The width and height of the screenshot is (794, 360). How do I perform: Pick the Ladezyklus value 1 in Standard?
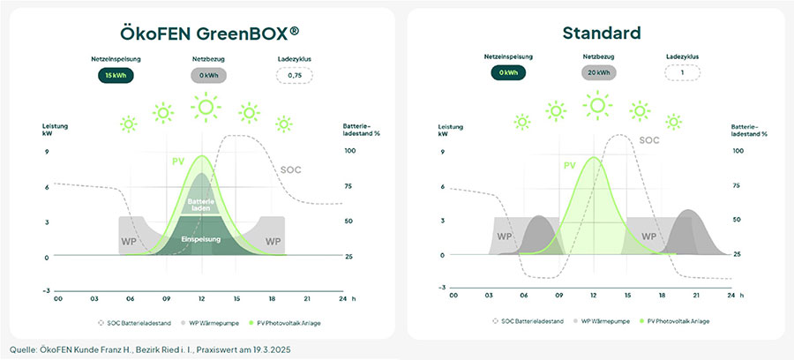[683, 73]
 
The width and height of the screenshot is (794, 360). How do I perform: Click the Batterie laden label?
[202, 205]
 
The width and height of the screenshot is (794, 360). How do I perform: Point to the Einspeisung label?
[200, 239]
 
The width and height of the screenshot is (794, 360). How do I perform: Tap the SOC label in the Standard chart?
[648, 139]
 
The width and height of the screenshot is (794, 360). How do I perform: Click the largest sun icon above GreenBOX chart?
[206, 108]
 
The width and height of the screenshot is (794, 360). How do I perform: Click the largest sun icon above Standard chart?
[597, 106]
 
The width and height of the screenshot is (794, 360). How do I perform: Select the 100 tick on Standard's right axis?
[738, 150]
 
